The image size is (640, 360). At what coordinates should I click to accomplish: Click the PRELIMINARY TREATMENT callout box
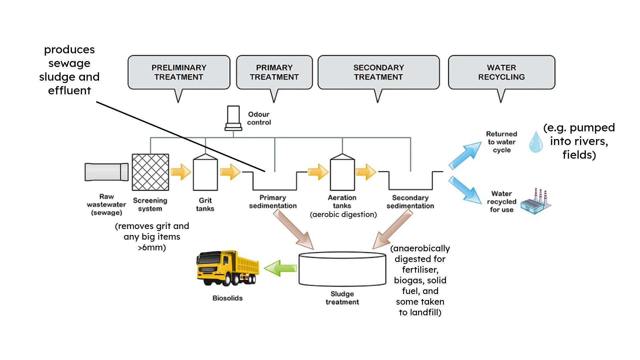point(179,72)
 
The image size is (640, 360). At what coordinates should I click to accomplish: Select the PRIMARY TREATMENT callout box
point(274,72)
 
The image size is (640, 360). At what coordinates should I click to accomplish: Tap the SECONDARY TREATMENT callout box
point(378,72)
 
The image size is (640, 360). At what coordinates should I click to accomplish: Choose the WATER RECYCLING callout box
point(501,72)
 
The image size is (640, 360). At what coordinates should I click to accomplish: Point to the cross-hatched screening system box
point(150,172)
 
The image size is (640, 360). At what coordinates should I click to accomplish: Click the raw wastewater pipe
point(106,172)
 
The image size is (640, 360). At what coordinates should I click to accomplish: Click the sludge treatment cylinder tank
point(342,269)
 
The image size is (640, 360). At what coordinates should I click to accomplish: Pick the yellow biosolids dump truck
point(228,268)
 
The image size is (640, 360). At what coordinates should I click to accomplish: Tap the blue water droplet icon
point(536,142)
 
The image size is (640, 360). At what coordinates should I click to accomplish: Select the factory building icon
point(536,202)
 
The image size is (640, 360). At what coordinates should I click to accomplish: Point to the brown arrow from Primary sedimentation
point(294,230)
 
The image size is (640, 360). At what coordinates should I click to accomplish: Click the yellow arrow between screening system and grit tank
point(181,172)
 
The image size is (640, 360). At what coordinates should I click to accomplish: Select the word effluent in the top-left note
point(69,91)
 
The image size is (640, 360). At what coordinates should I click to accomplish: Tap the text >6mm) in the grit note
point(152,248)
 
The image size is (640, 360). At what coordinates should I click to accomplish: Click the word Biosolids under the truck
point(228,298)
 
